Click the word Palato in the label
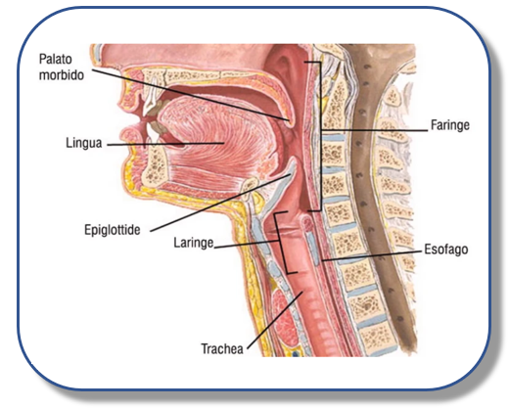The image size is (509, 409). tap(56, 59)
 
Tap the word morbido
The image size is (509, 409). tap(62, 75)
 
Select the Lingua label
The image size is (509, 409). tap(84, 143)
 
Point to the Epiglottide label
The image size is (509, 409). tap(113, 230)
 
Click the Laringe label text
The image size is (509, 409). tap(194, 243)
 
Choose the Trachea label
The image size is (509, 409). tap(222, 348)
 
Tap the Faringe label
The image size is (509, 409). tap(450, 125)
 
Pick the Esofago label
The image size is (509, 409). tap(446, 250)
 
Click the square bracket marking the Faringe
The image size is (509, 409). tap(320, 136)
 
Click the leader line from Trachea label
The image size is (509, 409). tap(275, 320)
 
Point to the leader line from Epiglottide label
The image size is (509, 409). tap(220, 203)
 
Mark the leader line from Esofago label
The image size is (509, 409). tap(371, 256)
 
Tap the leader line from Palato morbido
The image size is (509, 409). tap(190, 95)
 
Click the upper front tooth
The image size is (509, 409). tap(151, 101)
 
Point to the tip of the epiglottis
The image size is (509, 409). tap(295, 159)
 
